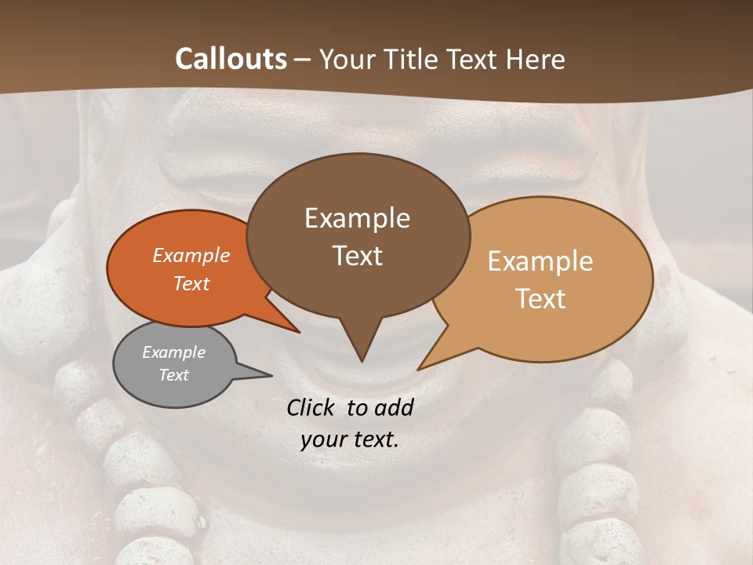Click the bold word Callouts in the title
click(231, 59)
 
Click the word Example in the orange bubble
click(191, 255)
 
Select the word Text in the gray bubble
click(173, 375)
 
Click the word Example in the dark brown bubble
click(357, 218)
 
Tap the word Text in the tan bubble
click(540, 299)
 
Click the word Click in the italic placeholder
click(313, 408)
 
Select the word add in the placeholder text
click(393, 408)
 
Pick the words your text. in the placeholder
click(350, 439)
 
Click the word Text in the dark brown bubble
click(357, 256)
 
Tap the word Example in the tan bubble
click(540, 261)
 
